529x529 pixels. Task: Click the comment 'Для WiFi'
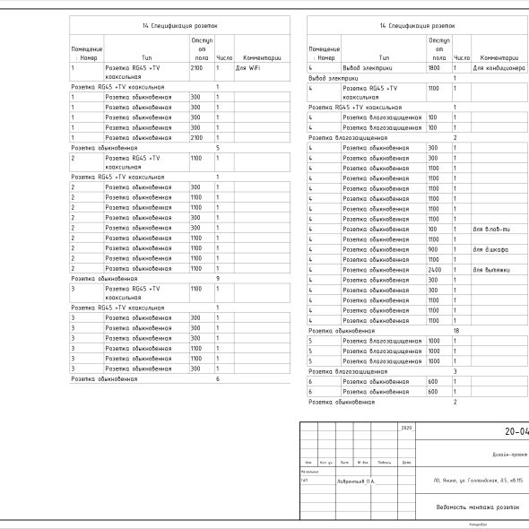point(247,68)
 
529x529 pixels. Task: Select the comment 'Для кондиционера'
point(492,68)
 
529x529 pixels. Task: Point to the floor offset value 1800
point(434,68)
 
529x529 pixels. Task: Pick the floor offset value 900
point(434,249)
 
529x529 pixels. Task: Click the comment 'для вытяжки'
point(490,270)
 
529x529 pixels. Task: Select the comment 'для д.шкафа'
point(490,249)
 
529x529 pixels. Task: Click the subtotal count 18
point(456,331)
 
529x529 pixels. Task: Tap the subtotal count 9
point(218,279)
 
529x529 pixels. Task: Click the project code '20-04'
point(516,431)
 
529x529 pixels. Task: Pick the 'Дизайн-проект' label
point(508,455)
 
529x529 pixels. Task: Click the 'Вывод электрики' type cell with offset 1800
point(365,68)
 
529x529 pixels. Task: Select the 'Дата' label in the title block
point(406,463)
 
